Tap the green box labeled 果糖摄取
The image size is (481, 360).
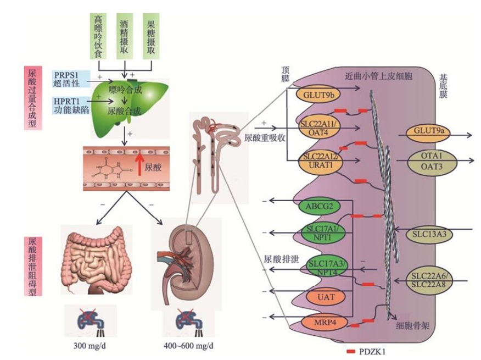coord(151,35)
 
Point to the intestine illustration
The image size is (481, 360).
coord(99,258)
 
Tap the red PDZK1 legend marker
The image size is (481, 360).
coord(351,350)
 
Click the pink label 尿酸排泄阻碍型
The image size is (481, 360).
coord(33,266)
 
